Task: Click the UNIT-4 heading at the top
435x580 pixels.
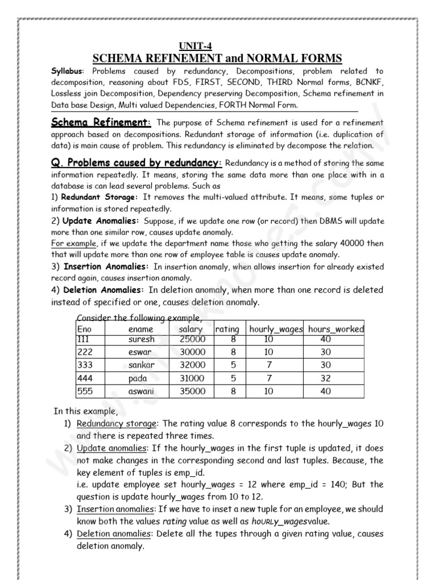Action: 195,46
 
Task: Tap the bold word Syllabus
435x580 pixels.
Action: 67,71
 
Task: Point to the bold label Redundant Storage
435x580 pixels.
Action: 99,197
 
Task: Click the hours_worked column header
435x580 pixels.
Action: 336,329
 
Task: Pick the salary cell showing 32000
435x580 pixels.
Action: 192,365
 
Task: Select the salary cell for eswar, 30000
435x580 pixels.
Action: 192,352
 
